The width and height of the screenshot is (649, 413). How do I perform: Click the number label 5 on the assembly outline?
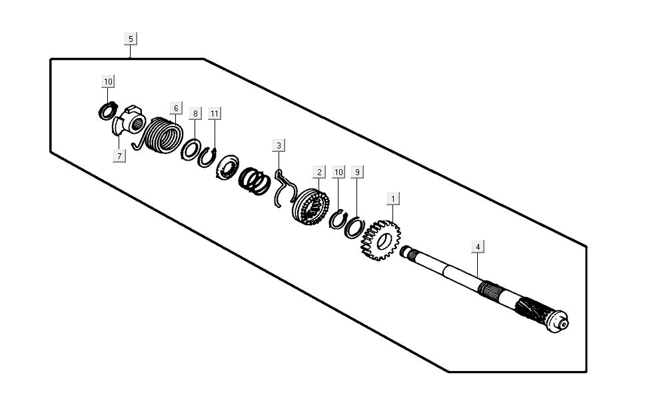tap(131, 39)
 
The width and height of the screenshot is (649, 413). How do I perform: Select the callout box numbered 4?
tap(477, 246)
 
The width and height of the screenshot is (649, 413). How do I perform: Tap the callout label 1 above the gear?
tap(393, 199)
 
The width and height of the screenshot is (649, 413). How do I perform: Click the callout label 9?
tap(357, 172)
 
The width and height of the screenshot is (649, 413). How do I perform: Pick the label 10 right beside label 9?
tap(338, 172)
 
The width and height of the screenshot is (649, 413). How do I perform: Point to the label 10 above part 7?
tap(108, 81)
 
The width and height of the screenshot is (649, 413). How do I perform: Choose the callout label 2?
tap(319, 172)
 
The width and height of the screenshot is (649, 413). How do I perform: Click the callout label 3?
tap(279, 145)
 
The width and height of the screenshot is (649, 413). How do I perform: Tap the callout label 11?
tap(214, 114)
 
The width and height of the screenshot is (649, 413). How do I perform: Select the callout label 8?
tap(195, 114)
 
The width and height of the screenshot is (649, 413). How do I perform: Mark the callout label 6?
tap(176, 107)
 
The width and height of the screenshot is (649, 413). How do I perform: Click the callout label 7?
tap(119, 157)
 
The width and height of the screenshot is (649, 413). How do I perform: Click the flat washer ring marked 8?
tap(190, 149)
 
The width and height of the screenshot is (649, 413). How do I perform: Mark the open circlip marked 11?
tap(207, 157)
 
